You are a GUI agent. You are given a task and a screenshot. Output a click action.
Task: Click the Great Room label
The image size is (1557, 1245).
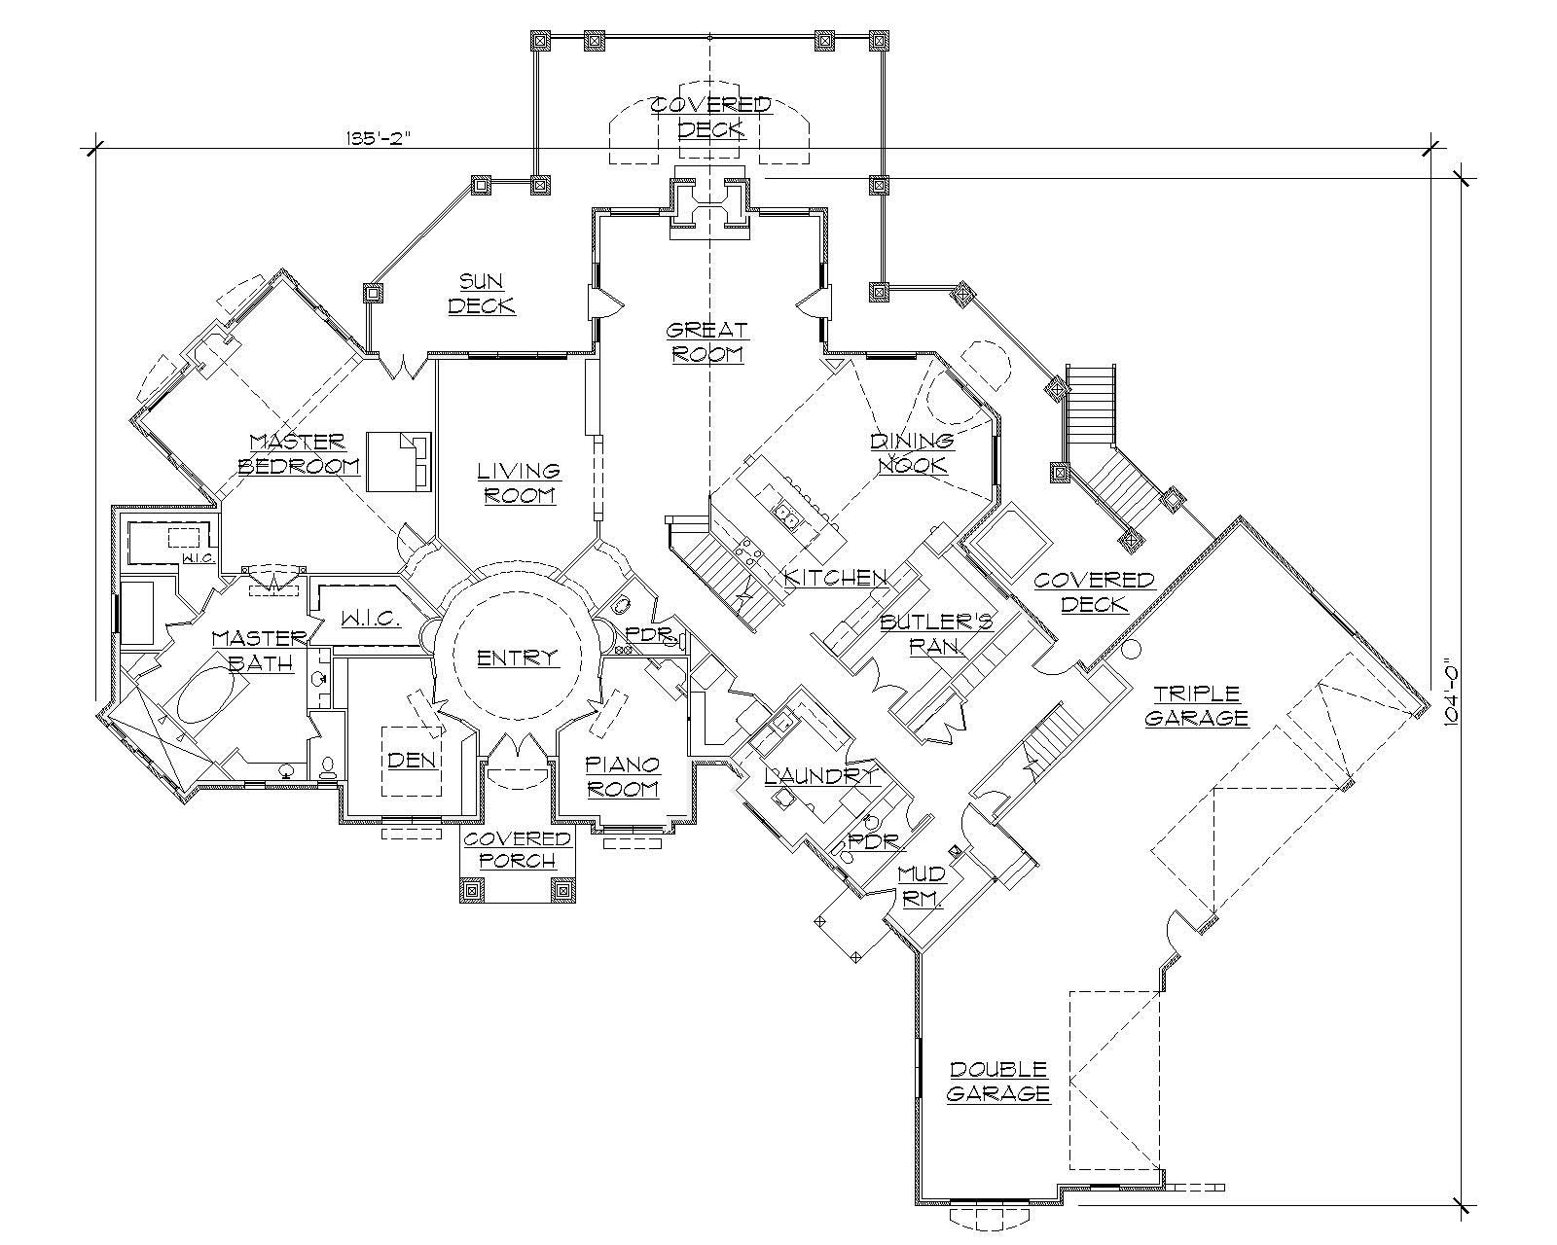click(707, 341)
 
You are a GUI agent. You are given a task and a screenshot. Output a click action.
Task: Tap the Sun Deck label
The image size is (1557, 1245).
click(481, 293)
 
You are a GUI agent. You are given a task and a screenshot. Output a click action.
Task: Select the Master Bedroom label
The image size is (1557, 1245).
click(300, 453)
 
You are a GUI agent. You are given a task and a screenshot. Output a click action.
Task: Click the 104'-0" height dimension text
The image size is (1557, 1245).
click(1451, 693)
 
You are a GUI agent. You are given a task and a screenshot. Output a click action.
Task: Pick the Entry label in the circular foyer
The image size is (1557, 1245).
click(518, 658)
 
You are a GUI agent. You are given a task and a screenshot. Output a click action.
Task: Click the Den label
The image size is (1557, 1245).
click(412, 760)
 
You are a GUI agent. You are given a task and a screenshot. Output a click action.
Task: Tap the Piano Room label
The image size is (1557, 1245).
click(623, 776)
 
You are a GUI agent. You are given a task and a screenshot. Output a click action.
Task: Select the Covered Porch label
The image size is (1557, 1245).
click(517, 849)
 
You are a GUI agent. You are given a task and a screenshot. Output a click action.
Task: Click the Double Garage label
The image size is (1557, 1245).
click(998, 1081)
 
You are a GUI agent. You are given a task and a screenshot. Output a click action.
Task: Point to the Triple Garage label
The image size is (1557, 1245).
click(1196, 706)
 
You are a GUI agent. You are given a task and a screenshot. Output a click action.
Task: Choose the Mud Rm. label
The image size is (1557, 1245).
click(921, 886)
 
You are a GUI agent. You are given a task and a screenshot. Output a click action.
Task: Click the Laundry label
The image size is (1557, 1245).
click(820, 775)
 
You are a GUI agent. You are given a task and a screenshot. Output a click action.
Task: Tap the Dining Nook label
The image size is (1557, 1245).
click(912, 452)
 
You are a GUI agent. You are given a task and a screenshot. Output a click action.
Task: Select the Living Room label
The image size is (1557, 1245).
click(519, 482)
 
